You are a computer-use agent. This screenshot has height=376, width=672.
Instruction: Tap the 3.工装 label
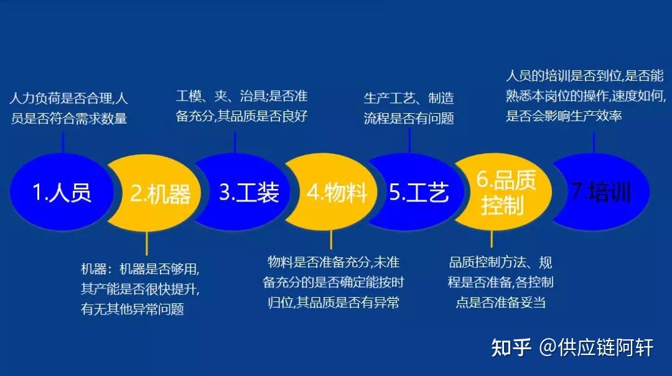[x=249, y=192]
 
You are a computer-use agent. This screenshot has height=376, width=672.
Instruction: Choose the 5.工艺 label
[x=419, y=192]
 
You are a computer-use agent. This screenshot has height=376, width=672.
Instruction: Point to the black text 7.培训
[x=601, y=191]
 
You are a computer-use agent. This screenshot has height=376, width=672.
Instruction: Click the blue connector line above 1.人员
[x=63, y=142]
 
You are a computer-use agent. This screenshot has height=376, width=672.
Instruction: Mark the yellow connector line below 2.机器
[x=147, y=243]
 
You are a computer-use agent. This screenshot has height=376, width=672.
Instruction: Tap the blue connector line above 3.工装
[x=235, y=142]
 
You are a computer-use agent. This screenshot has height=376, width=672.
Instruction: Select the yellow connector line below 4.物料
[x=331, y=240]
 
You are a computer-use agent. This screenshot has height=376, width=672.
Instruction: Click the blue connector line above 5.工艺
[x=409, y=141]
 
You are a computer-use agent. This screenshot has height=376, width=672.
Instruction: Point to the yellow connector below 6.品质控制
[x=491, y=239]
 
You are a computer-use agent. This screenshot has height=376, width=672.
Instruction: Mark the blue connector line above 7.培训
[x=594, y=142]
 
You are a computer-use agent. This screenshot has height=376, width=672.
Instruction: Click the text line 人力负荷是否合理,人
[x=68, y=98]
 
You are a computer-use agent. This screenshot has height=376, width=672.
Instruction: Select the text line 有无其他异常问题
[x=133, y=309]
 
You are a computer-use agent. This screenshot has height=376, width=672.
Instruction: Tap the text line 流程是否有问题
[x=409, y=118]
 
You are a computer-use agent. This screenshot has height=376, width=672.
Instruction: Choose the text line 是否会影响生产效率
[x=564, y=116]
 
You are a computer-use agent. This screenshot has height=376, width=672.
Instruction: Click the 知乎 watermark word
[x=511, y=347]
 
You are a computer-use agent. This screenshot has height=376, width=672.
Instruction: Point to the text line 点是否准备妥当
[x=500, y=302]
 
